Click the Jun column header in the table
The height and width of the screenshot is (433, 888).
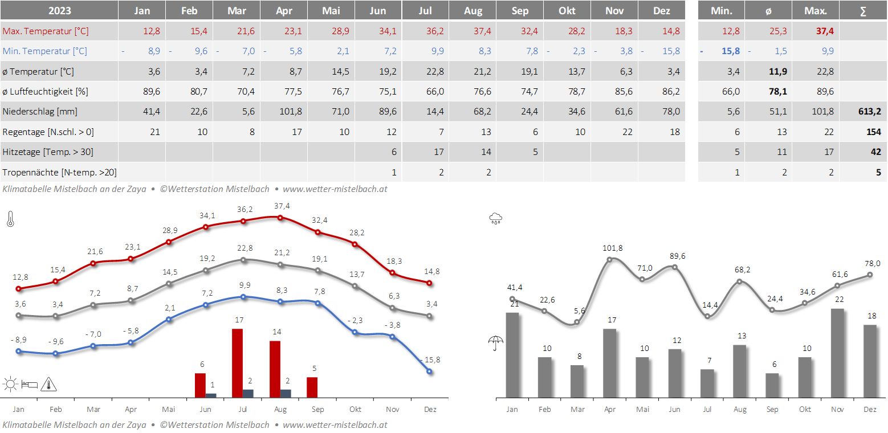[x=377, y=11]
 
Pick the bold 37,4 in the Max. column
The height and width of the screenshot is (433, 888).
[x=824, y=31]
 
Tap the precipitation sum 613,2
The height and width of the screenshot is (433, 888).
[x=870, y=112]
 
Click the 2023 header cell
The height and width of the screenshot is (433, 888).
[x=59, y=11]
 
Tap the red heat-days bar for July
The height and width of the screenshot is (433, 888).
[x=238, y=363]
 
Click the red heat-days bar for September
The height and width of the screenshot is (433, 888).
[x=312, y=387]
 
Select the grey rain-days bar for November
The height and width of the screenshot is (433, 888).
[x=837, y=353]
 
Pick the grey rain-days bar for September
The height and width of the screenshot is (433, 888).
[x=772, y=385]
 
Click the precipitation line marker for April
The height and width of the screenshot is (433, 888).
[x=610, y=259]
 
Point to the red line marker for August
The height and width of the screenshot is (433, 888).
[x=280, y=217]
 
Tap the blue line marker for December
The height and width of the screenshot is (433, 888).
[x=429, y=371]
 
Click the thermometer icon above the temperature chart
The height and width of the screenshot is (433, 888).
[x=10, y=219]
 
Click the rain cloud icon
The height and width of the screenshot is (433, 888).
[x=495, y=218]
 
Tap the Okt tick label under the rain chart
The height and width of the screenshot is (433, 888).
[x=805, y=409]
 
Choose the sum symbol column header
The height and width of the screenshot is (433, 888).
[x=863, y=11]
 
